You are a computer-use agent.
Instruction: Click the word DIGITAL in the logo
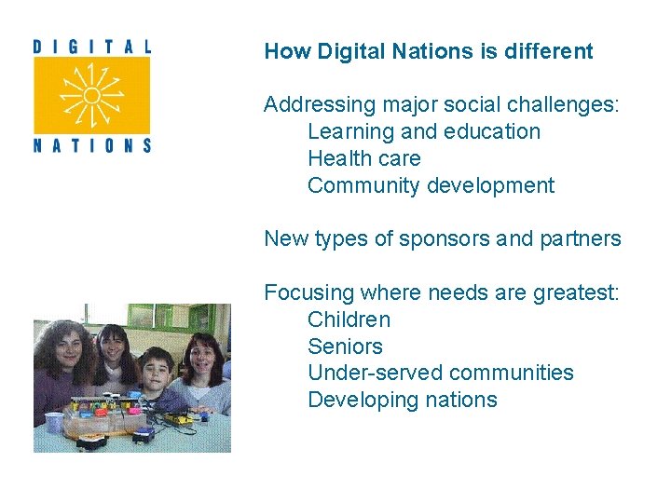click(x=91, y=45)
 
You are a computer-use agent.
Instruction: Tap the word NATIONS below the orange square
click(x=91, y=144)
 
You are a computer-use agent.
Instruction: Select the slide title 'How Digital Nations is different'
click(x=429, y=51)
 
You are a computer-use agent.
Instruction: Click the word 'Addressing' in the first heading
click(x=315, y=105)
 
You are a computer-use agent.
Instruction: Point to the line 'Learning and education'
click(x=424, y=131)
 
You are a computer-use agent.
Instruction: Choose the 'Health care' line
click(x=364, y=158)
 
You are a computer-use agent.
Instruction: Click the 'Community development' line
click(x=431, y=185)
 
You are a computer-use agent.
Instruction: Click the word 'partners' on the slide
click(x=580, y=238)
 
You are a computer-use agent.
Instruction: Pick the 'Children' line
click(x=349, y=319)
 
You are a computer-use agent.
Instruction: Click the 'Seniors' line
click(x=345, y=347)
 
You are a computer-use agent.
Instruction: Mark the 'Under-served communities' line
click(x=441, y=373)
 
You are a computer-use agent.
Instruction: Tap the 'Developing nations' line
click(x=403, y=400)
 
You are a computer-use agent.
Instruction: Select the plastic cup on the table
click(x=53, y=422)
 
